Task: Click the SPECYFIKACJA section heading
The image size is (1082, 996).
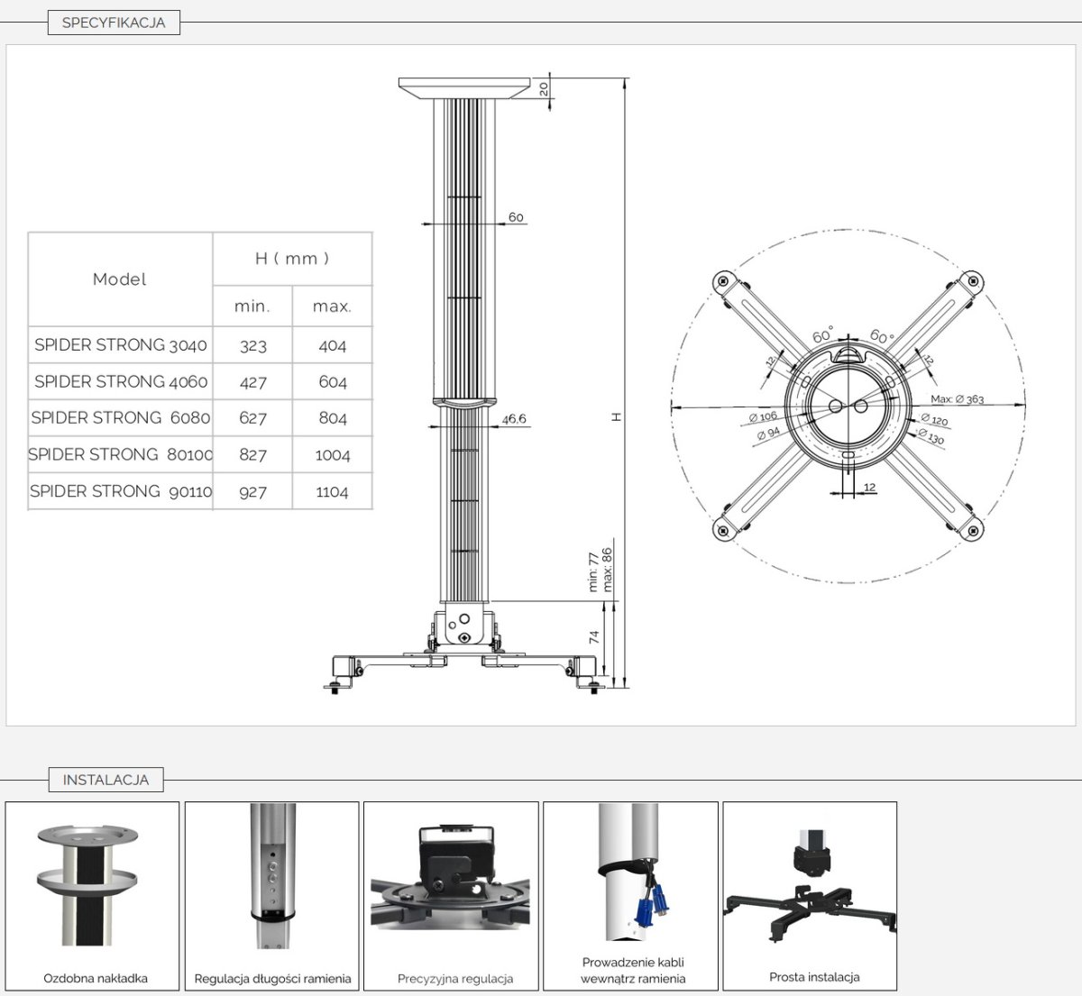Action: click(x=114, y=23)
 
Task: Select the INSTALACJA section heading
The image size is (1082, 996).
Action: click(x=105, y=780)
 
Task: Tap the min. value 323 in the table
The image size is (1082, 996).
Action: click(x=253, y=345)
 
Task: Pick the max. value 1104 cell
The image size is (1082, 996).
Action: click(x=332, y=492)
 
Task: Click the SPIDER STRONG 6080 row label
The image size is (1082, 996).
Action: click(x=120, y=418)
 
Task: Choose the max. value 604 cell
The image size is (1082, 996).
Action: click(x=332, y=382)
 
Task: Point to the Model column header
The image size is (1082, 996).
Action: click(x=119, y=279)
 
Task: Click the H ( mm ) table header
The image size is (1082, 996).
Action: click(x=292, y=259)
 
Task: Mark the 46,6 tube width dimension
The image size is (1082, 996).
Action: click(x=513, y=419)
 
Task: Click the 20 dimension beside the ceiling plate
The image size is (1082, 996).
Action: click(x=544, y=89)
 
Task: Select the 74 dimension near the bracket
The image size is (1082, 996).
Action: click(x=594, y=637)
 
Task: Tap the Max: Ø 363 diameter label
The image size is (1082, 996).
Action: click(x=958, y=399)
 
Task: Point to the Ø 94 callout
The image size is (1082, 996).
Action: click(x=768, y=433)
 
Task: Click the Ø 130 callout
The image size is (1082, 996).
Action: click(x=931, y=436)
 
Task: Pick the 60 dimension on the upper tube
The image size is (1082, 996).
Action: click(x=516, y=217)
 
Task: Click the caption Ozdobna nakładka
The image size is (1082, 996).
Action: click(x=96, y=979)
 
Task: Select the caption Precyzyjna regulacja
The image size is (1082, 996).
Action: click(x=455, y=979)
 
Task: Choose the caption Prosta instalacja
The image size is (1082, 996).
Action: click(x=814, y=977)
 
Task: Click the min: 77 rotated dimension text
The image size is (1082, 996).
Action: click(x=593, y=571)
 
